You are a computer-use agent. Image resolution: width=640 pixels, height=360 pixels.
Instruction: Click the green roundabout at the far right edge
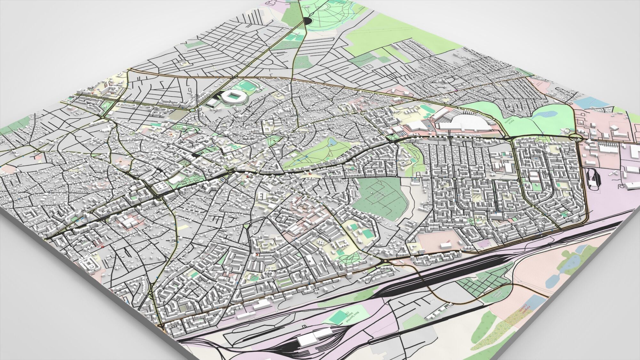[x=576, y=138]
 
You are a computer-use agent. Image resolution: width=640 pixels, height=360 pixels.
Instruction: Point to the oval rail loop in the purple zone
[x=593, y=181]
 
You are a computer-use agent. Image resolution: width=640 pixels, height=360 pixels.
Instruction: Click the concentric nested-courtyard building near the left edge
[x=88, y=264]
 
